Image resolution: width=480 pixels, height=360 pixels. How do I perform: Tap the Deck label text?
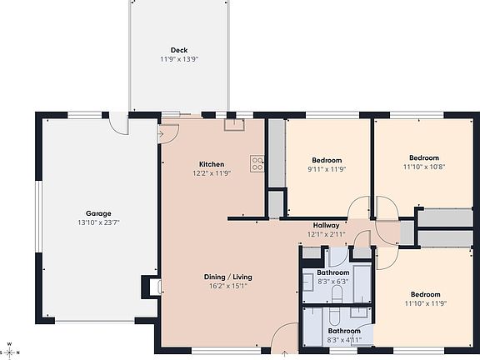(178, 50)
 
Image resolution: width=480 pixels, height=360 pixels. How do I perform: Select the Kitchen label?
(212, 163)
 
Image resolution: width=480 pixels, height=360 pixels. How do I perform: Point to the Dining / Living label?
(227, 277)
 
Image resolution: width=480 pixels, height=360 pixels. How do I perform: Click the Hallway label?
(326, 225)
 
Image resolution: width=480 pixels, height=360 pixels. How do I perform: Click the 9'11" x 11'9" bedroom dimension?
(327, 169)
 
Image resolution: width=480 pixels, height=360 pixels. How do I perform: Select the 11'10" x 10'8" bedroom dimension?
(423, 167)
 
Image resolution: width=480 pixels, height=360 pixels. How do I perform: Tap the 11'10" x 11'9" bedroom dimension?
(423, 304)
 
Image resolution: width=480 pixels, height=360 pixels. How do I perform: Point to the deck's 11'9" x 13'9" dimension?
(178, 60)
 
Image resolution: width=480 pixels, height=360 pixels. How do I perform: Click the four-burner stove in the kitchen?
(257, 164)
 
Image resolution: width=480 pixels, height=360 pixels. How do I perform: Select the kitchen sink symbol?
(233, 124)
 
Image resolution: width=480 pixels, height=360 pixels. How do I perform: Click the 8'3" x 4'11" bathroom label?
(332, 331)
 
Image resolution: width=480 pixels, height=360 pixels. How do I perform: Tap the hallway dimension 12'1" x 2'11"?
(326, 234)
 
